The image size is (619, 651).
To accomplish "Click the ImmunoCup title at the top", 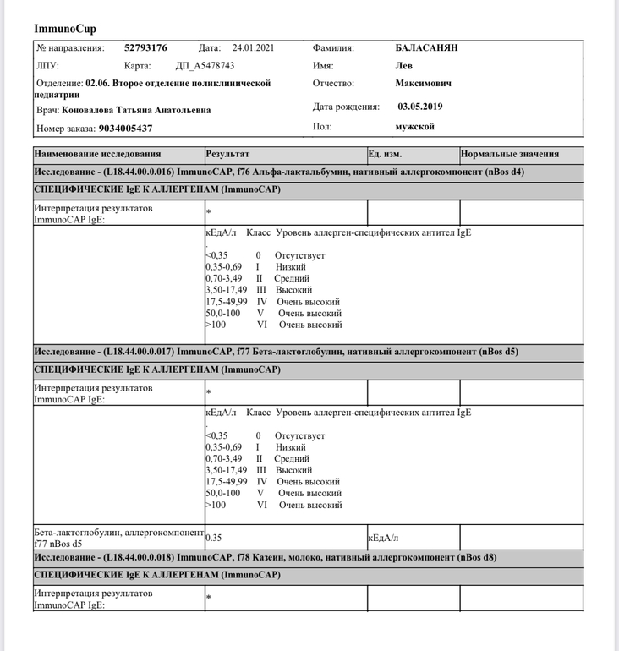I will [x=65, y=29].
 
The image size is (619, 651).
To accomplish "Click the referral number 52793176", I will [x=145, y=48].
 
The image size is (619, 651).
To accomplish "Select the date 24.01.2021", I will [x=249, y=48].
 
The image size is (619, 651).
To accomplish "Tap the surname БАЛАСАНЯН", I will [x=426, y=48].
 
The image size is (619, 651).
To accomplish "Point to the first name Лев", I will [x=406, y=66].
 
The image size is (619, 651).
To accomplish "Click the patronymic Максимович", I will [x=424, y=84].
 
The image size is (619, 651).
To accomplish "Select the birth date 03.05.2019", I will [x=420, y=107].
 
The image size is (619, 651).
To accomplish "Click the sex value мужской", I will [x=414, y=127].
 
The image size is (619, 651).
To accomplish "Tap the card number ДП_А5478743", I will [x=205, y=66].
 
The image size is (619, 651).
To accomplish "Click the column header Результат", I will [x=227, y=155].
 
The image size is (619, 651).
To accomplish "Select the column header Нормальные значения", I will [x=510, y=155].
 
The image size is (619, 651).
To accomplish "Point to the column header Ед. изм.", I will [x=385, y=155].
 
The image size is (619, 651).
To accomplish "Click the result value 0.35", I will [x=214, y=537].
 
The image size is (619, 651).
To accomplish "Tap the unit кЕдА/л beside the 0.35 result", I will [x=383, y=537].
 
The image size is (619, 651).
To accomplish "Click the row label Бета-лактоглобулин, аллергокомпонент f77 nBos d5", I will [x=118, y=538].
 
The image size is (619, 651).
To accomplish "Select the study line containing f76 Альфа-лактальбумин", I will [x=279, y=172].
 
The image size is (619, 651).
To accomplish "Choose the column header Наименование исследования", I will [x=97, y=155].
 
